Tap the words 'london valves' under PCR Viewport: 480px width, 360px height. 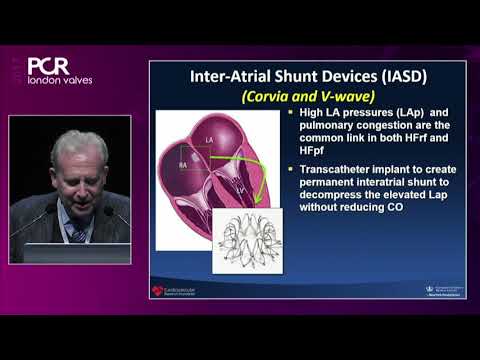coord(60,79)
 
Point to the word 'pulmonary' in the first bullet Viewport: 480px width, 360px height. coord(323,129)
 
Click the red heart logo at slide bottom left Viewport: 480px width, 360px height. coord(157,291)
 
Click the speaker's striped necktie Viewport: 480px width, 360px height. coord(78,235)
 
